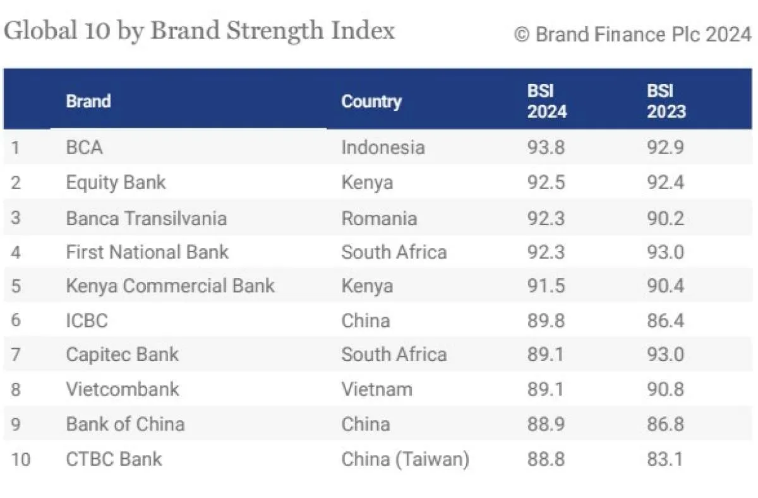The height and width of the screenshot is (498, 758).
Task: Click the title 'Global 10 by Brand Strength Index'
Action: (200, 30)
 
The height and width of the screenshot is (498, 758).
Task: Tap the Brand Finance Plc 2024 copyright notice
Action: (633, 34)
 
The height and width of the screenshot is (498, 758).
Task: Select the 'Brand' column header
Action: (88, 101)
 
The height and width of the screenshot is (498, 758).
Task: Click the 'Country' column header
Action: (371, 101)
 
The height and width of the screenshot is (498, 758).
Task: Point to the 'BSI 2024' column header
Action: (547, 101)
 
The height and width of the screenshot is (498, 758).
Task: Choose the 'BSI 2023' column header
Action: (666, 101)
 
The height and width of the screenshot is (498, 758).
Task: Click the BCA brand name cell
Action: (84, 148)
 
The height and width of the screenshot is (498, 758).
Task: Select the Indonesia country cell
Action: (383, 148)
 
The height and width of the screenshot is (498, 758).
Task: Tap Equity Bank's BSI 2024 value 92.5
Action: (546, 183)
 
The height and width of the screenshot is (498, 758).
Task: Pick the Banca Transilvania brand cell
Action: (146, 219)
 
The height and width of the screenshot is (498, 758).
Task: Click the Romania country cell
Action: (379, 219)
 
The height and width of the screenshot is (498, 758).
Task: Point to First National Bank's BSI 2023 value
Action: (665, 252)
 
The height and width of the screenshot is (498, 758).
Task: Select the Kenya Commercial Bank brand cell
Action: (170, 286)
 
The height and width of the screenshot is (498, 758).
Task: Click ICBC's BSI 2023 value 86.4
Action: (665, 320)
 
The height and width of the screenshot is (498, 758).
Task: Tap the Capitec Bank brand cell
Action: (122, 355)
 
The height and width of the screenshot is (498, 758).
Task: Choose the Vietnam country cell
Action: (376, 389)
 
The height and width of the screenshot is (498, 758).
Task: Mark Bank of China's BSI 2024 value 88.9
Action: (546, 423)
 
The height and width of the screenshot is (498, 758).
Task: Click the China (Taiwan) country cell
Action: (405, 459)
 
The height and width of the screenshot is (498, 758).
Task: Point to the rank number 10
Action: (20, 459)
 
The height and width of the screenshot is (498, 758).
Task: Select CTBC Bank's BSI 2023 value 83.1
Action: (665, 459)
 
